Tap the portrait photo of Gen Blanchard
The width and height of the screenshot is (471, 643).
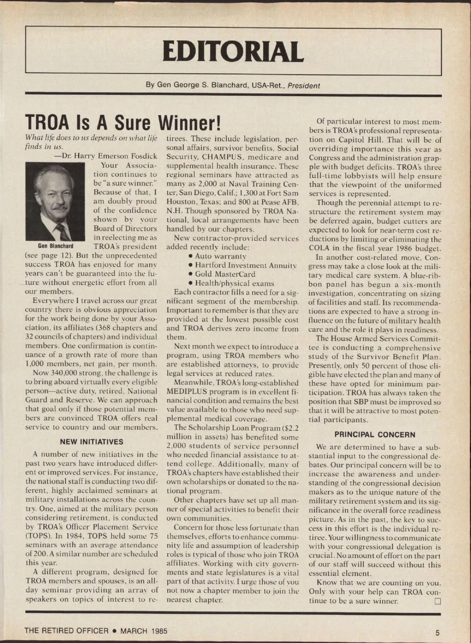point(55,201)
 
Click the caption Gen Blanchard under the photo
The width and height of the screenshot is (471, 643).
point(55,246)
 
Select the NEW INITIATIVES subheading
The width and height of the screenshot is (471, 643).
point(91,442)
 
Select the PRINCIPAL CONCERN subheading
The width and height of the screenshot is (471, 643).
point(374,435)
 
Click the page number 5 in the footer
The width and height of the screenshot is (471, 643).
point(437,632)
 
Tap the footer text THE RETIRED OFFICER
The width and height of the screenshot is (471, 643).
point(66,631)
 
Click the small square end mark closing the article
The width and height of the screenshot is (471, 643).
point(438,601)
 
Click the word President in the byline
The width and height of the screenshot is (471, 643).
point(304,86)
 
